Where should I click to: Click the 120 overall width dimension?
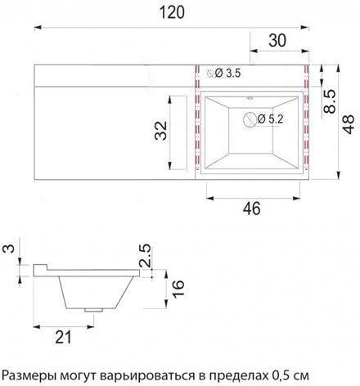(x=178, y=11)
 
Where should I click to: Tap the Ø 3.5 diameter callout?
(x=228, y=74)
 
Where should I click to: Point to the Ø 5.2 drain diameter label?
(x=271, y=119)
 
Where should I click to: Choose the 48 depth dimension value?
(x=349, y=123)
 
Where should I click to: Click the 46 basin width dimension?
(x=252, y=209)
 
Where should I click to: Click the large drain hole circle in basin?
(x=250, y=119)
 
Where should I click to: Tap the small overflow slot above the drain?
(x=250, y=97)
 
